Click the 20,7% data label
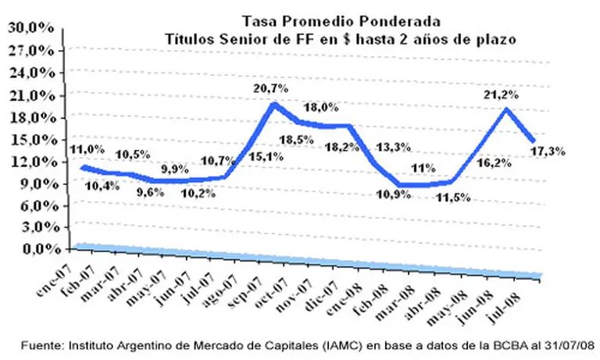tap(271, 90)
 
